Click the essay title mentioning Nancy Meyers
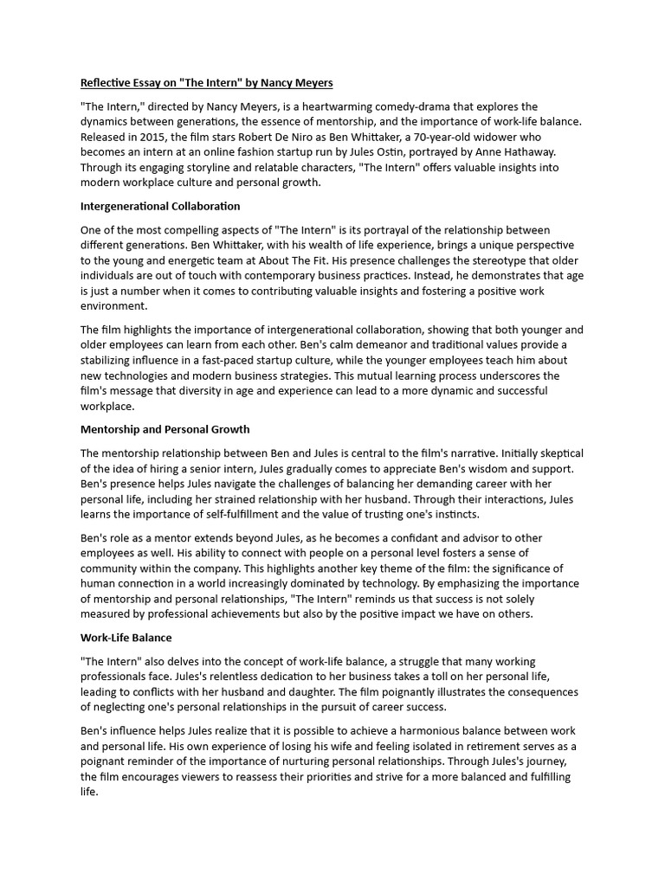(206, 83)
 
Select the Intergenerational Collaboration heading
(160, 207)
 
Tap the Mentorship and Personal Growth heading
(165, 429)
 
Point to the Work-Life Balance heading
(126, 638)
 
